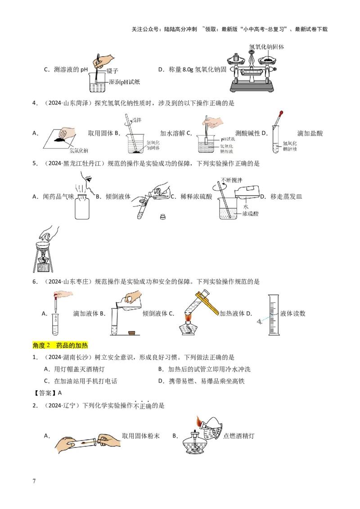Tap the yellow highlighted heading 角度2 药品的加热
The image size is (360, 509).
[60, 345]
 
